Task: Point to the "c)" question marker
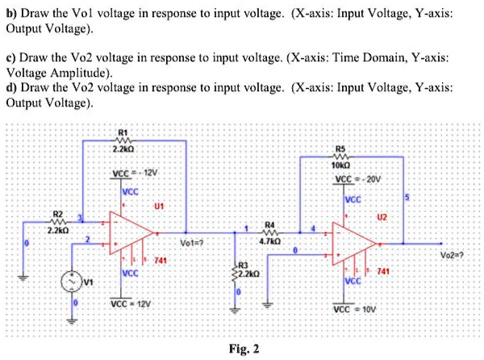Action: pyautogui.click(x=11, y=59)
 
